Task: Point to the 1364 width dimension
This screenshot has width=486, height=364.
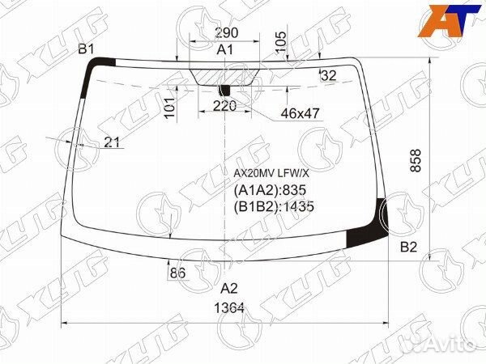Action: pos(228,307)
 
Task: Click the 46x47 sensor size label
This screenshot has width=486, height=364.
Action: pos(300,114)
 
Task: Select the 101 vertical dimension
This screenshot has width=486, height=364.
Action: pos(169,108)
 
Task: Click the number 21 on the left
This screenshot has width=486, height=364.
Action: pos(112,142)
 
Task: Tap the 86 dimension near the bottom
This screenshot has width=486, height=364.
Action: pos(177,273)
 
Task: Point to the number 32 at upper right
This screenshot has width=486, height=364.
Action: pos(328,75)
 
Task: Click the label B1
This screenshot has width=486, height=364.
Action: pos(86,50)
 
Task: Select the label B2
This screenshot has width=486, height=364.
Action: pos(408,248)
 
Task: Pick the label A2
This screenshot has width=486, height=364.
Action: pos(229,288)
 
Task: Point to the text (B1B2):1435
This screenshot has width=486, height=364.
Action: pos(273,206)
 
